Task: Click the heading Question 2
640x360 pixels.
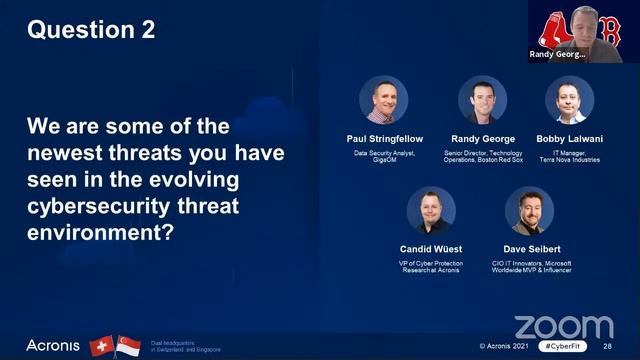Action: pyautogui.click(x=91, y=30)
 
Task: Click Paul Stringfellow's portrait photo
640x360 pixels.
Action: pyautogui.click(x=384, y=100)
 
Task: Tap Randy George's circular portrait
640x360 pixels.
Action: pyautogui.click(x=482, y=100)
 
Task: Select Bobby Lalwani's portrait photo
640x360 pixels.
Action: pyautogui.click(x=569, y=100)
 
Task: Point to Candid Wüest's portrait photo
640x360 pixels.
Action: pyautogui.click(x=431, y=210)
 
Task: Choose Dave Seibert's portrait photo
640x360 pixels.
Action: pyautogui.click(x=529, y=210)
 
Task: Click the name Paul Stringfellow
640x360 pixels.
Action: pyautogui.click(x=384, y=138)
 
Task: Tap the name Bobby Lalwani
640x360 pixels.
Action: pyautogui.click(x=569, y=138)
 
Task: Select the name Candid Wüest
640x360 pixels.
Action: pyautogui.click(x=431, y=249)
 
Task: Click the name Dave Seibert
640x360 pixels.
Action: pyautogui.click(x=529, y=249)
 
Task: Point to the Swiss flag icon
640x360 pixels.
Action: pyautogui.click(x=102, y=345)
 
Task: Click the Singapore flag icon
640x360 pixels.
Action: pyautogui.click(x=127, y=345)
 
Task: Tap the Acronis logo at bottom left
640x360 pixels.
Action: pyautogui.click(x=52, y=345)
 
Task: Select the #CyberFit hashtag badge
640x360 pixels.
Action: pyautogui.click(x=562, y=346)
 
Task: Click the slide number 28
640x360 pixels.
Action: pyautogui.click(x=607, y=346)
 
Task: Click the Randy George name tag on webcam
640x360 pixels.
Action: pyautogui.click(x=555, y=56)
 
